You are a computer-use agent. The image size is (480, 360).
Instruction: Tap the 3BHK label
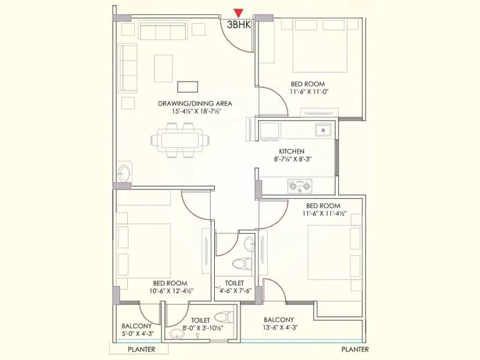[x=239, y=26]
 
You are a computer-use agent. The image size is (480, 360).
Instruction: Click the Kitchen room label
[x=292, y=151]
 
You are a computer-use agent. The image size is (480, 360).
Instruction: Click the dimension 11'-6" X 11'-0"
[x=310, y=92]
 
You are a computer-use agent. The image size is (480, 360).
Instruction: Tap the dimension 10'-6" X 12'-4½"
[x=169, y=292]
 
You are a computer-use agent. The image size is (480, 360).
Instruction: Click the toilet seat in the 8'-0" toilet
[x=223, y=317]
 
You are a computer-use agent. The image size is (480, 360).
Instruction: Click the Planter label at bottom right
[x=355, y=349]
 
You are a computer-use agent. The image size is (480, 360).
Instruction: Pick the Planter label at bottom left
[x=141, y=349]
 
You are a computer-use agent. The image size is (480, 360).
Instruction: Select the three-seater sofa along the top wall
[x=164, y=30]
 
